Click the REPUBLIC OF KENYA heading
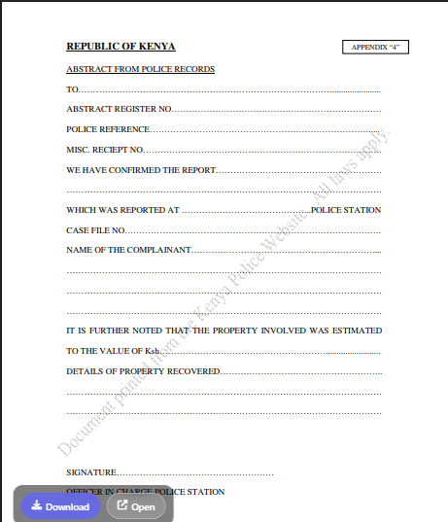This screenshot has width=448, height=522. pyautogui.click(x=121, y=47)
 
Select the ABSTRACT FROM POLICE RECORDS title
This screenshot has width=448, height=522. pyautogui.click(x=140, y=70)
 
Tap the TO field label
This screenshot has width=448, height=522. pyautogui.click(x=72, y=89)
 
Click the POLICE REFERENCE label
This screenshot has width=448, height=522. pyautogui.click(x=108, y=129)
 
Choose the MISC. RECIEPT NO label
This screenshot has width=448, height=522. pyautogui.click(x=105, y=150)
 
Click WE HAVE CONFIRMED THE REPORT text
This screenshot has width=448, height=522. pyautogui.click(x=141, y=169)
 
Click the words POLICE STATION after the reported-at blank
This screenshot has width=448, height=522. pyautogui.click(x=346, y=210)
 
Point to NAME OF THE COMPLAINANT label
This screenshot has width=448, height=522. pyautogui.click(x=128, y=250)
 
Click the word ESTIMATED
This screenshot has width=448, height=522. pyautogui.click(x=356, y=331)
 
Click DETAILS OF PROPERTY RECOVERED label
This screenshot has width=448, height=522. pyautogui.click(x=144, y=371)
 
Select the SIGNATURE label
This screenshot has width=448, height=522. pyautogui.click(x=91, y=471)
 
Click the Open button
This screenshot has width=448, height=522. pyautogui.click(x=136, y=506)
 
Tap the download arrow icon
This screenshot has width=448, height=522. pyautogui.click(x=36, y=505)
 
